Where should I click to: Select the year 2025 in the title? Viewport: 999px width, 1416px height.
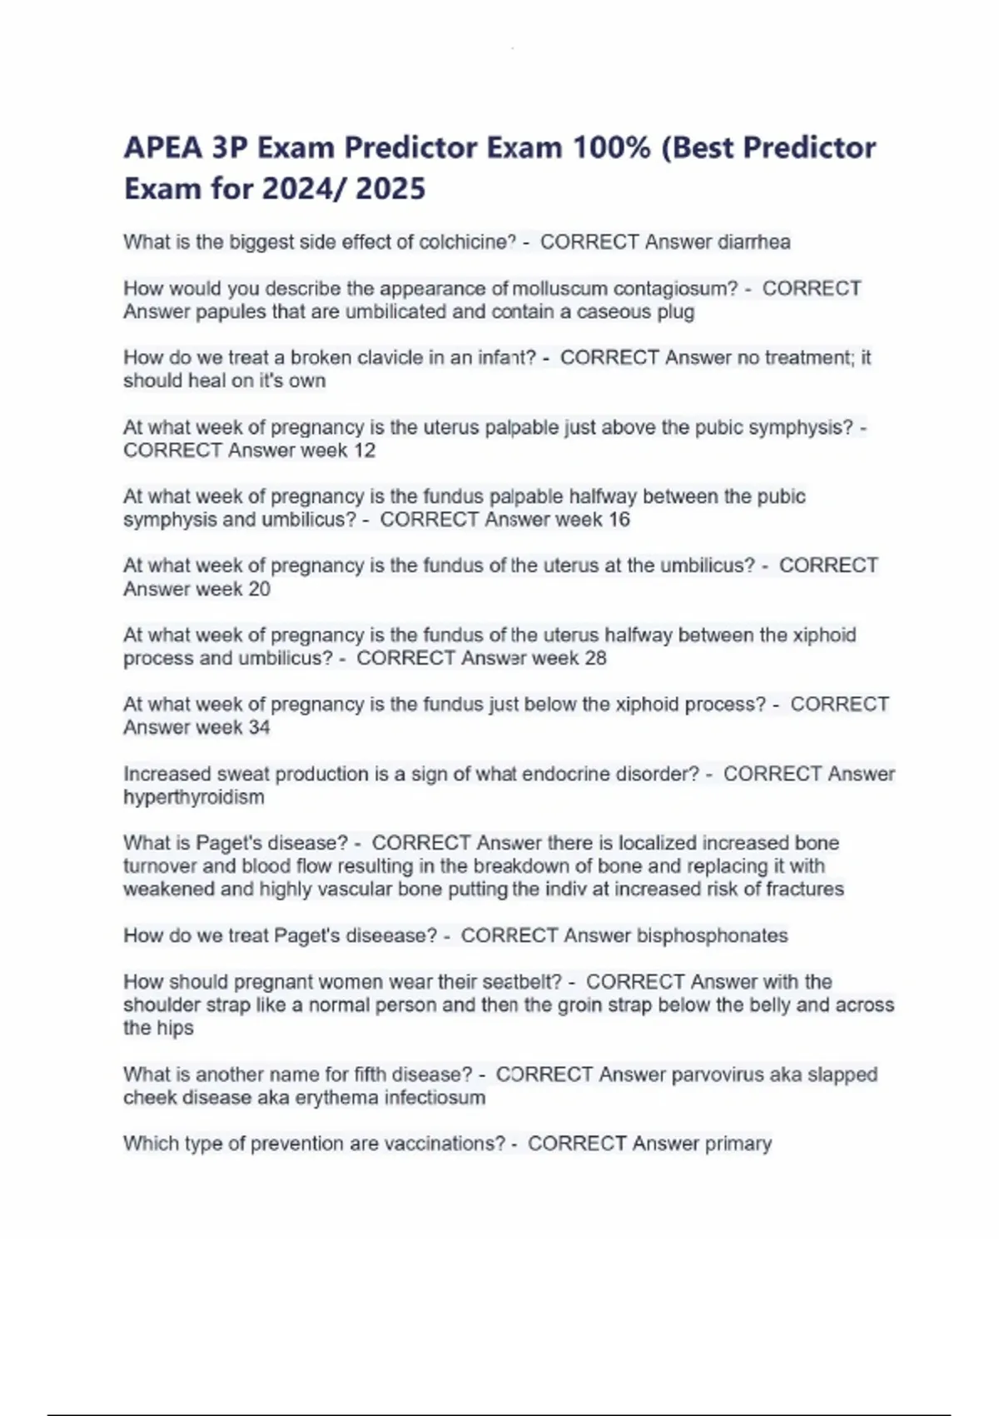390,189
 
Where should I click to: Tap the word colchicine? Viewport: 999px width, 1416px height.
467,242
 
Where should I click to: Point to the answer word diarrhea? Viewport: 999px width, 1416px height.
753,242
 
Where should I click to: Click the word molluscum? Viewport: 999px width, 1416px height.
560,289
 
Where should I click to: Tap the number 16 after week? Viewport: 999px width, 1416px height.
619,520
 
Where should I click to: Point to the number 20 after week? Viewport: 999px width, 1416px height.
260,589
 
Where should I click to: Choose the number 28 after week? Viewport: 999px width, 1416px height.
595,658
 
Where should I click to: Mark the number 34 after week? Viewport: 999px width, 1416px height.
260,727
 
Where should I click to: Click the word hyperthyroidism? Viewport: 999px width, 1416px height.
194,797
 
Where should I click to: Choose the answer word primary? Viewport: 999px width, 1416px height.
738,1144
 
